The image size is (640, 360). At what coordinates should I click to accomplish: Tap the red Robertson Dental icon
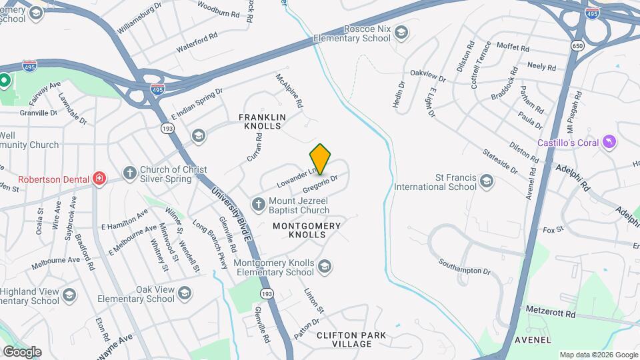[x=99, y=178]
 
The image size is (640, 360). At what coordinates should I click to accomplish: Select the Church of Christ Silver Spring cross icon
[x=130, y=173]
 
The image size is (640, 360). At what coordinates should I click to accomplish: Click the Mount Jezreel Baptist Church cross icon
[x=258, y=203]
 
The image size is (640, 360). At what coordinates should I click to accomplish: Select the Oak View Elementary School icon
[x=185, y=293]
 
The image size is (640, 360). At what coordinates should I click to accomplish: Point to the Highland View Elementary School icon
[x=69, y=295]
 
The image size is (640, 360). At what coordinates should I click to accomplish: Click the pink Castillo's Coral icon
[x=608, y=143]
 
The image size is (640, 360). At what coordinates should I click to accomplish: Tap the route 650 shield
[x=577, y=45]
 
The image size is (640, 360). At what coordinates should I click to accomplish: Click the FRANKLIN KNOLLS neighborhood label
[x=262, y=121]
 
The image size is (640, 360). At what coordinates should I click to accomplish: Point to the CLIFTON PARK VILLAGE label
[x=344, y=339]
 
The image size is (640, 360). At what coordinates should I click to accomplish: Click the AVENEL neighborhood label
[x=533, y=339]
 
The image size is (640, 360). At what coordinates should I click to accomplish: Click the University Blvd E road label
[x=230, y=214]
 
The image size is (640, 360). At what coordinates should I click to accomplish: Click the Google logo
[x=22, y=351]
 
